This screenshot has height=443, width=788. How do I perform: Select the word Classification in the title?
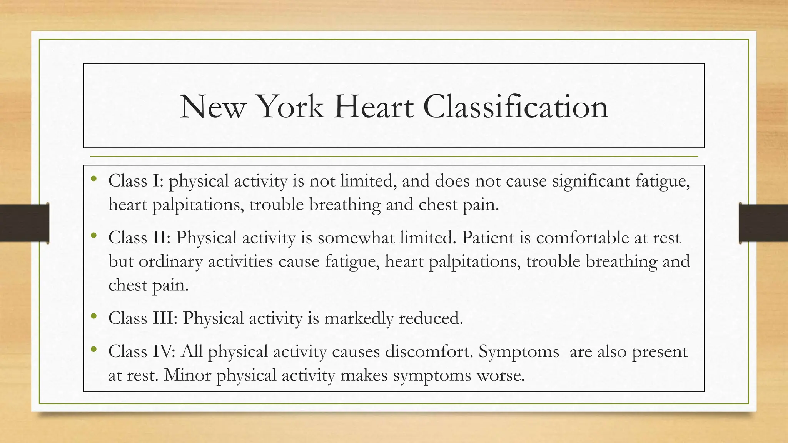[515, 107]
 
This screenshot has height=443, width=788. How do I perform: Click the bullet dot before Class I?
[93, 179]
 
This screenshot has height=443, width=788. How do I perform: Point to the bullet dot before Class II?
[93, 236]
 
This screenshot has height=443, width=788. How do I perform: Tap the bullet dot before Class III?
[93, 316]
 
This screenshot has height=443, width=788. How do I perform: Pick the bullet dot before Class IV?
[93, 350]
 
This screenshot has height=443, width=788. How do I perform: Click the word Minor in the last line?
[187, 375]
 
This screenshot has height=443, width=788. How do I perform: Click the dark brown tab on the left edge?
[24, 223]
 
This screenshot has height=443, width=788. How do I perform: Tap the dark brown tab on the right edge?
[763, 223]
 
